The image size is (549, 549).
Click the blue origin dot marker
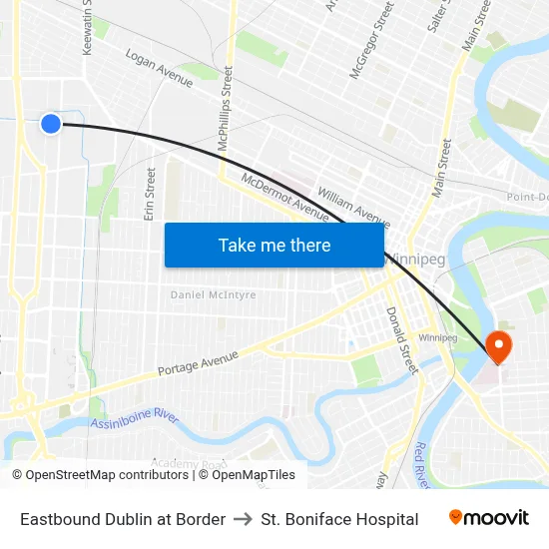point(51,123)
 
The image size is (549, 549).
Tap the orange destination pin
point(497,347)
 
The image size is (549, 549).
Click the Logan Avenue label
point(159,68)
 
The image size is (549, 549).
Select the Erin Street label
point(151,195)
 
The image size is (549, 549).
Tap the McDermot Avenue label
point(285,198)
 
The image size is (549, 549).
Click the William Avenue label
point(353,207)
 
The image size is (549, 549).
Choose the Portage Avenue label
point(198,364)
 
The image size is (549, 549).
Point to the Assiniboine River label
point(135,417)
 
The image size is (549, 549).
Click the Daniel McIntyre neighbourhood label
point(213,295)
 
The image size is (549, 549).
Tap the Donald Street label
point(400,340)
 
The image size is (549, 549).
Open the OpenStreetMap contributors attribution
point(102,475)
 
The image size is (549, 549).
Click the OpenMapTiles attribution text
point(247,475)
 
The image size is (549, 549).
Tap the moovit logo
point(489,518)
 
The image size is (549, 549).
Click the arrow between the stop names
point(243,519)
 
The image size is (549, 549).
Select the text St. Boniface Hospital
point(339,519)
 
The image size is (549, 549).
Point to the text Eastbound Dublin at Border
point(123,519)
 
